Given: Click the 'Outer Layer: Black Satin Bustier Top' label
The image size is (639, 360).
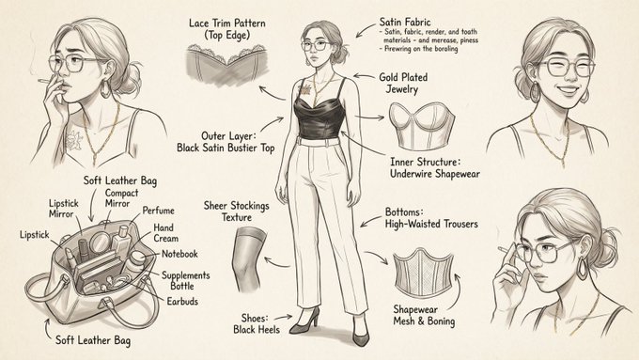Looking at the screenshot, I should [x=230, y=141].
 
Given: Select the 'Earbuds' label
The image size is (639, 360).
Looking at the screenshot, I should [x=180, y=302].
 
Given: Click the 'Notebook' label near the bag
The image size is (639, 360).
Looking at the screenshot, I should [x=179, y=254].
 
